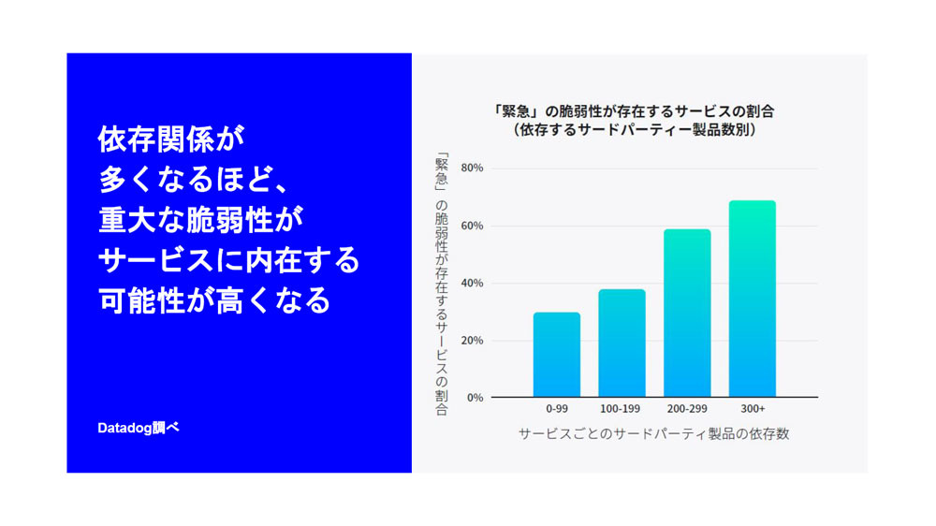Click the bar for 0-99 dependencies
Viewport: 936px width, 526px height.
pos(556,355)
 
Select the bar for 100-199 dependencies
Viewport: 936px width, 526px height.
pos(622,343)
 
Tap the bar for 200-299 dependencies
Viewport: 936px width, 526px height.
pos(687,313)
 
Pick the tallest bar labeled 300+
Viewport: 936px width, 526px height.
pos(753,299)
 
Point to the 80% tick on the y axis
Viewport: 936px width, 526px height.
pos(472,168)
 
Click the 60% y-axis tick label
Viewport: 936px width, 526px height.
pos(472,226)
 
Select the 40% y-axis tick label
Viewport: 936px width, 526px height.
pos(472,283)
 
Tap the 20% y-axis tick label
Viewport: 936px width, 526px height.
pos(472,341)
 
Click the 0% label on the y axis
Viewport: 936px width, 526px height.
pos(475,398)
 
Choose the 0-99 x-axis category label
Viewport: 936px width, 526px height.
pos(556,409)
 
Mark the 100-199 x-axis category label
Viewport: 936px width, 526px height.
pos(620,409)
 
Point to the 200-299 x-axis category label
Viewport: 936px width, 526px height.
pos(687,409)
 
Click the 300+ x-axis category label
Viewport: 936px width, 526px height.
pos(753,409)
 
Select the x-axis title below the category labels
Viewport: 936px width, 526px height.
pos(653,434)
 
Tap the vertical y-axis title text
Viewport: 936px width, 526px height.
pos(441,285)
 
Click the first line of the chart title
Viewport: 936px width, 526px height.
pos(634,111)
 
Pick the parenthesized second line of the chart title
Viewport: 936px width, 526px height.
pos(635,129)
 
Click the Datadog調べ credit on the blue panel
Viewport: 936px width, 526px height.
pos(138,428)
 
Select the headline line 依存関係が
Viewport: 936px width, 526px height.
pos(171,139)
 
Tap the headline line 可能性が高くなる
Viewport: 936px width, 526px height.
pos(214,300)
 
